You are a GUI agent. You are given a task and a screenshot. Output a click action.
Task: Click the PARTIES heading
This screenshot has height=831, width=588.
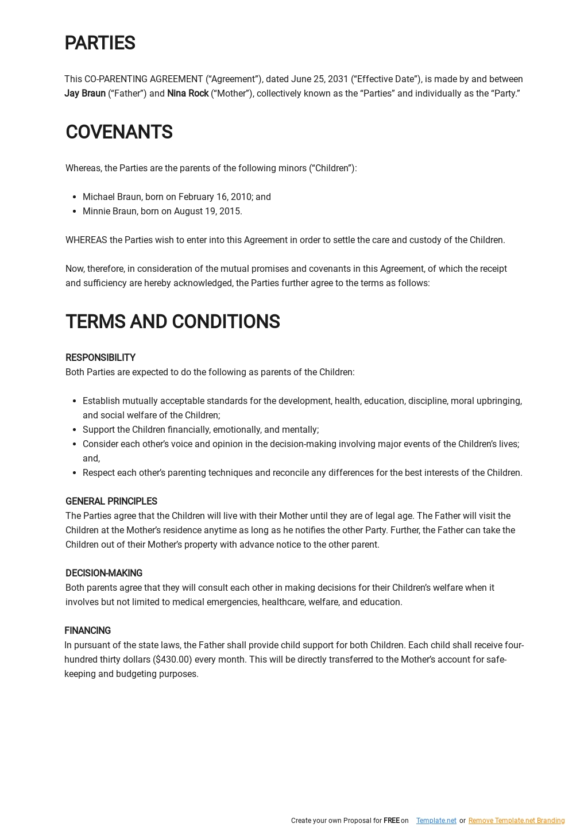coord(100,43)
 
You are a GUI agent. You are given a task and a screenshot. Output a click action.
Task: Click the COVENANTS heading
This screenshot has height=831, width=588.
coord(119,132)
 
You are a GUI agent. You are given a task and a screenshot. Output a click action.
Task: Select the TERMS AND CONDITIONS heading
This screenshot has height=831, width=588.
coord(172,322)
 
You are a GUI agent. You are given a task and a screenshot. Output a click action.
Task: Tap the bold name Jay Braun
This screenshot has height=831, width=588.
coord(85,94)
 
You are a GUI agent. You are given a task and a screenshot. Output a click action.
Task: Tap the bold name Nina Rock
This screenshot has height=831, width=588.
coord(188,94)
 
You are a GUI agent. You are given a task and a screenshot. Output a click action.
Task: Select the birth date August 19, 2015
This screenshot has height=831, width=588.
coord(208,211)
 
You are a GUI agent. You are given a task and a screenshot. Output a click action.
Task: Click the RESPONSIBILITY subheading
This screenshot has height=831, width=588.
coord(100,358)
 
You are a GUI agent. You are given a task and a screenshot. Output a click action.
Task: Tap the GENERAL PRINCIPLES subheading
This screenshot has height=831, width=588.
coord(111,502)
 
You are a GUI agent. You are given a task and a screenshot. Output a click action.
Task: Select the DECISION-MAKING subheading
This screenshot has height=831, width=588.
coord(104,574)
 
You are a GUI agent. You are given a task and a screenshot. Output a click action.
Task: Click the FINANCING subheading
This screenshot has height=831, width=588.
coord(87,631)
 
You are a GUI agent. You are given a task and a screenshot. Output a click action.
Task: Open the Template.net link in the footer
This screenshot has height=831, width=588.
coord(436,821)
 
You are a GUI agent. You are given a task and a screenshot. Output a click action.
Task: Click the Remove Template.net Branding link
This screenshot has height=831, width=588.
coord(516,821)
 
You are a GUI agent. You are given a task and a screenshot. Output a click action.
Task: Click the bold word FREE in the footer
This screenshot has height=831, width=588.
coord(391,821)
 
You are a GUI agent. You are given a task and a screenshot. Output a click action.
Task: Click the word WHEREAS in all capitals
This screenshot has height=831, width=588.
coord(86,240)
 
